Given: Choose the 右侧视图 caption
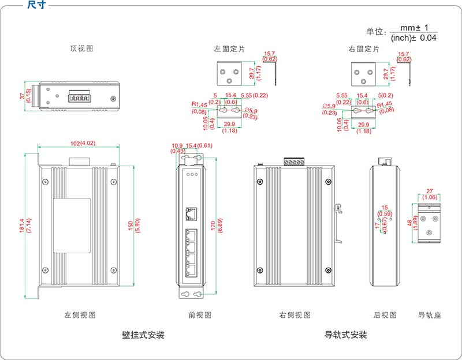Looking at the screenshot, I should (x=295, y=315).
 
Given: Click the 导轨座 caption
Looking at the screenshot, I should (x=430, y=315).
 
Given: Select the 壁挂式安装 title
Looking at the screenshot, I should (x=143, y=335).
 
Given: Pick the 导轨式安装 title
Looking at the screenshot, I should (x=346, y=335).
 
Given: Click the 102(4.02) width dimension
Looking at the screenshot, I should (x=79, y=144).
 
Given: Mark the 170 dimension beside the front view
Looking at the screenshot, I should (x=213, y=224).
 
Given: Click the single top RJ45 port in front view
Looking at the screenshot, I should (x=191, y=213).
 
